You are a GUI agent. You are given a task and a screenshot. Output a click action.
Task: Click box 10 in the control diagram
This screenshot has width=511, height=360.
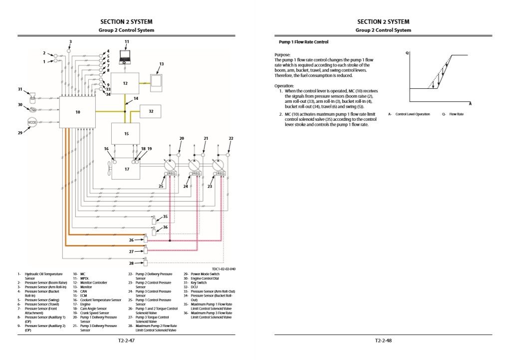coord(77,112)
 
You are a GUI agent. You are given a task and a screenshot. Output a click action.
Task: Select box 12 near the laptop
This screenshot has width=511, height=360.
coord(125,83)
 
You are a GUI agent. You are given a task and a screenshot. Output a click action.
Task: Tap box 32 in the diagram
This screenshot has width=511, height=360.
coord(150,111)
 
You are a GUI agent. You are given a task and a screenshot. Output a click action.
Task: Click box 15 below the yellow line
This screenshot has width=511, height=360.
coord(125,134)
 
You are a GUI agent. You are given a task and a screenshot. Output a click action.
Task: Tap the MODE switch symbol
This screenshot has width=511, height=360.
coord(33,122)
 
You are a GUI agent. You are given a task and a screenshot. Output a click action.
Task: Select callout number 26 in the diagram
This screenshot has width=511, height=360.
coord(131,240)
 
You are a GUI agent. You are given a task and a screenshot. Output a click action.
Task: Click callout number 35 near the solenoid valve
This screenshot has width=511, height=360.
coord(165,217)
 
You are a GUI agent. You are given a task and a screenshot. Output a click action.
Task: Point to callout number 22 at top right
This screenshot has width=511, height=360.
coord(231,138)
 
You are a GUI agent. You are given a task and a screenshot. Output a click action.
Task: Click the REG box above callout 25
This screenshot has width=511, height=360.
coord(172,174)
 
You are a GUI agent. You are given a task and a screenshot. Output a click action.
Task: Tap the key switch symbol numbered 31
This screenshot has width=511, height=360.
coord(33,94)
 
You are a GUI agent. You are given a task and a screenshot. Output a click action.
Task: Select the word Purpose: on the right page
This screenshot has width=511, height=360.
coord(282,55)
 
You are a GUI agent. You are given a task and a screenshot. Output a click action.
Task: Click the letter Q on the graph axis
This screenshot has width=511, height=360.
coord(407,52)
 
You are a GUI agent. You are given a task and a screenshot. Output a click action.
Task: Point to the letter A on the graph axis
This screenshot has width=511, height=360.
coord(470,104)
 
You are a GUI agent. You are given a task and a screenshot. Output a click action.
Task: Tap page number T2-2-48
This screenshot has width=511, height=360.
coord(383,341)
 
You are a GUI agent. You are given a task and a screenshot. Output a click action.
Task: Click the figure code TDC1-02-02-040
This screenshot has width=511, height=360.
coord(224,269)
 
